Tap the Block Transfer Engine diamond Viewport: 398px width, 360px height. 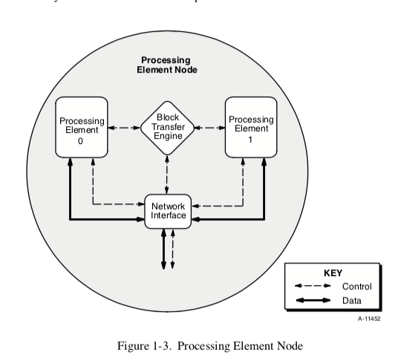click(x=166, y=127)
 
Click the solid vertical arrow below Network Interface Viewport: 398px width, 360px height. click(x=163, y=249)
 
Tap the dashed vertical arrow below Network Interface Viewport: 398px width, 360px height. click(x=172, y=249)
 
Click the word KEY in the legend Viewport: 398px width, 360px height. click(x=333, y=272)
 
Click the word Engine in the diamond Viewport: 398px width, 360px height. click(x=166, y=137)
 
